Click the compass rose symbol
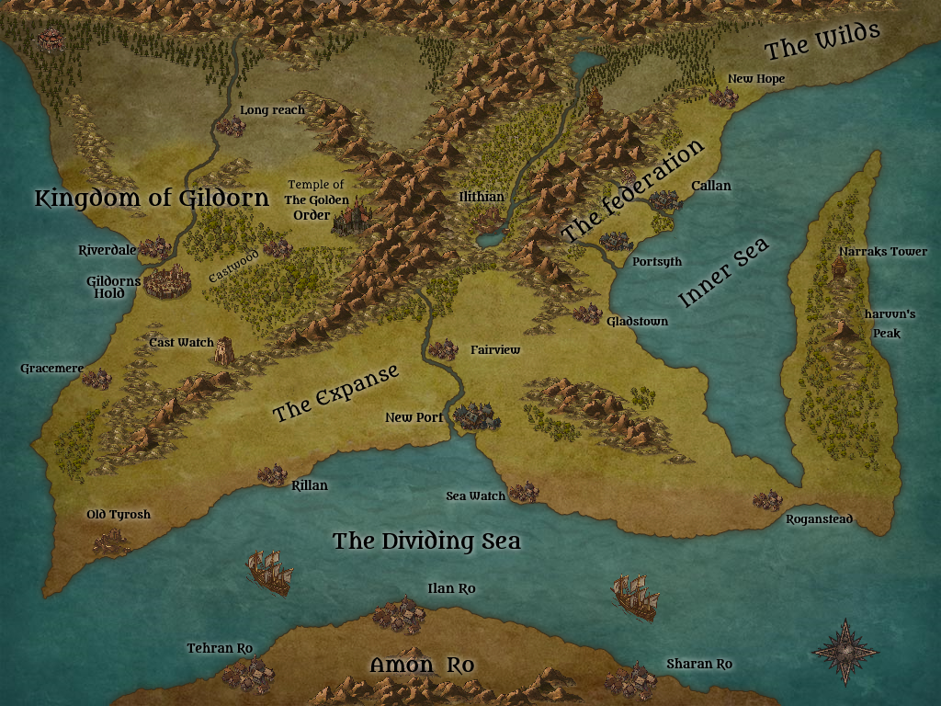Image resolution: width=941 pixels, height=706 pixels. click(845, 651)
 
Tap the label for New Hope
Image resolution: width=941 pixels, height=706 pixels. click(756, 79)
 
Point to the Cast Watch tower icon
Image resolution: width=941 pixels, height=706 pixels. click(224, 350)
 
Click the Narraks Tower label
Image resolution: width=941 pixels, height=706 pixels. click(882, 252)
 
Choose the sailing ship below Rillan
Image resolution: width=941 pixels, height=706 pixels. click(270, 572)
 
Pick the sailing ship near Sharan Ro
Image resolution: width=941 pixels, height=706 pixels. click(635, 597)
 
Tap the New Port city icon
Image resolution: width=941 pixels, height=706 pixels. click(474, 416)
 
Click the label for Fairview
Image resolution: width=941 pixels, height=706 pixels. click(495, 350)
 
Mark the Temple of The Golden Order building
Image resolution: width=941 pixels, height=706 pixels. click(350, 219)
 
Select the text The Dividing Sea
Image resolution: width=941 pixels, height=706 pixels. click(426, 541)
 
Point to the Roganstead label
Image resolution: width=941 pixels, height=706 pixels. click(819, 519)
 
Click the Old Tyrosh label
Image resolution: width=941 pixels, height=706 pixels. click(119, 515)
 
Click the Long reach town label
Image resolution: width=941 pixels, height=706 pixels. click(272, 110)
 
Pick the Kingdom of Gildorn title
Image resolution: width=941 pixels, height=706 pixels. click(152, 198)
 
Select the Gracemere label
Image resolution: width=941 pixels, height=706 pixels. click(51, 369)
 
